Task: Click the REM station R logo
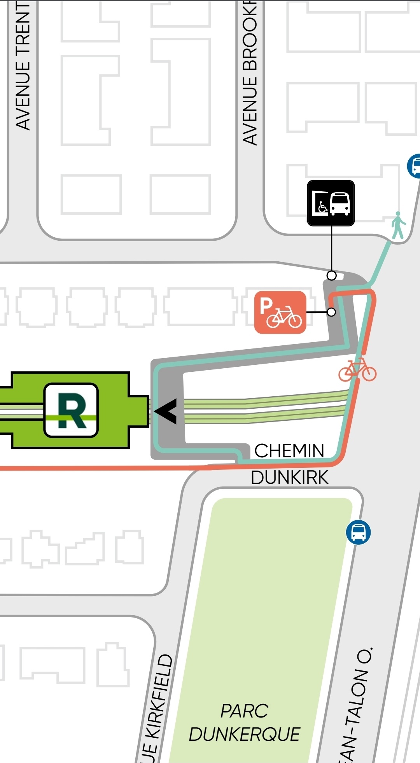pyautogui.click(x=71, y=410)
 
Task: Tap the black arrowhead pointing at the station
pyautogui.click(x=166, y=411)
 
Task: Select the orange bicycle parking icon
pyautogui.click(x=280, y=312)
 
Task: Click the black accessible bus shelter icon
pyautogui.click(x=331, y=203)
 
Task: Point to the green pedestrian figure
pyautogui.click(x=398, y=225)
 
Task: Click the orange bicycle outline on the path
pyautogui.click(x=357, y=370)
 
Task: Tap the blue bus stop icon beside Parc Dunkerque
pyautogui.click(x=358, y=532)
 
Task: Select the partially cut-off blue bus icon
pyautogui.click(x=414, y=166)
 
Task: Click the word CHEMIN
pyautogui.click(x=289, y=451)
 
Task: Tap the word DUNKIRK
pyautogui.click(x=290, y=478)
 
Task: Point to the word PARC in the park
pyautogui.click(x=244, y=711)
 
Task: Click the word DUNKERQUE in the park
pyautogui.click(x=244, y=734)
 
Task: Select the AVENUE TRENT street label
pyautogui.click(x=23, y=66)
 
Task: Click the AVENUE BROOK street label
pyautogui.click(x=250, y=74)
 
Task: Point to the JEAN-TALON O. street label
pyautogui.click(x=356, y=704)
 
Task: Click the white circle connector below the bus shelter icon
pyautogui.click(x=331, y=275)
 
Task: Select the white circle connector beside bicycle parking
pyautogui.click(x=331, y=312)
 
